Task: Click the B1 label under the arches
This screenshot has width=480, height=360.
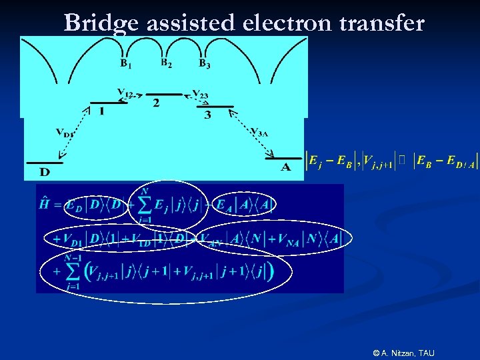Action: (x=125, y=64)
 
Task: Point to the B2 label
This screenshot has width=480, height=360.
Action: (x=167, y=63)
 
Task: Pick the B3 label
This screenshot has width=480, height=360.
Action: (x=205, y=64)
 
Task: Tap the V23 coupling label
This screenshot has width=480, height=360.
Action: (x=200, y=95)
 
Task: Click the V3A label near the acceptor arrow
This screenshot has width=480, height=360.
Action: (x=259, y=131)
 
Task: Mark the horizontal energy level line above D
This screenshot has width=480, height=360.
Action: (x=45, y=162)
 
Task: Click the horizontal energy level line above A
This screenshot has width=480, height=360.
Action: (x=283, y=158)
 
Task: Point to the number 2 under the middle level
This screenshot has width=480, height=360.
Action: (x=156, y=103)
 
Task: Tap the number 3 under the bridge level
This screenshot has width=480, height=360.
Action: (x=207, y=115)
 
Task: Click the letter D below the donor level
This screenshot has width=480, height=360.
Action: (x=45, y=173)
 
